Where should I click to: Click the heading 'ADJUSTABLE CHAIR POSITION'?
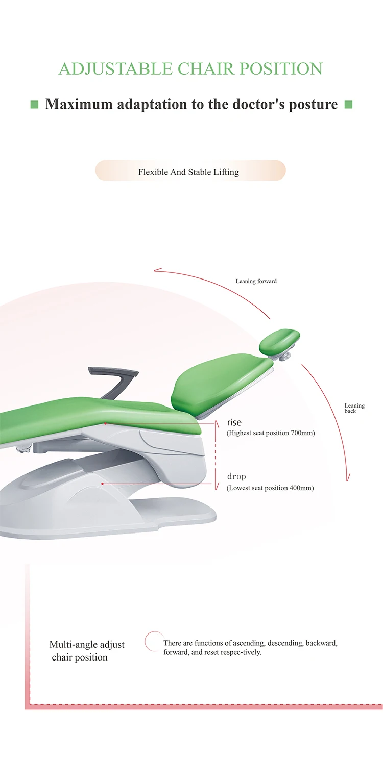coord(190,69)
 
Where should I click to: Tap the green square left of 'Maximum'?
coord(35,105)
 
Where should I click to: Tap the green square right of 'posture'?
coord(349,105)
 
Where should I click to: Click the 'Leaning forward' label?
coord(256,281)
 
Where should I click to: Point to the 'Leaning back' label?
coord(354,408)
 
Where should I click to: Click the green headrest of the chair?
coord(279,342)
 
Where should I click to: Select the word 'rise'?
coord(234,422)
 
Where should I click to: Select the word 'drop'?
coord(236,476)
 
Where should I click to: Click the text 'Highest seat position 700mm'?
coord(271,433)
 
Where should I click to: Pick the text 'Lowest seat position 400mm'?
coord(270,488)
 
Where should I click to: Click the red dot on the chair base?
coord(103,484)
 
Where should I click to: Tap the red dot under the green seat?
coord(105,423)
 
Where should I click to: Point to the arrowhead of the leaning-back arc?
coord(349,478)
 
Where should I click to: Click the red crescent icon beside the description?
coord(151,641)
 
